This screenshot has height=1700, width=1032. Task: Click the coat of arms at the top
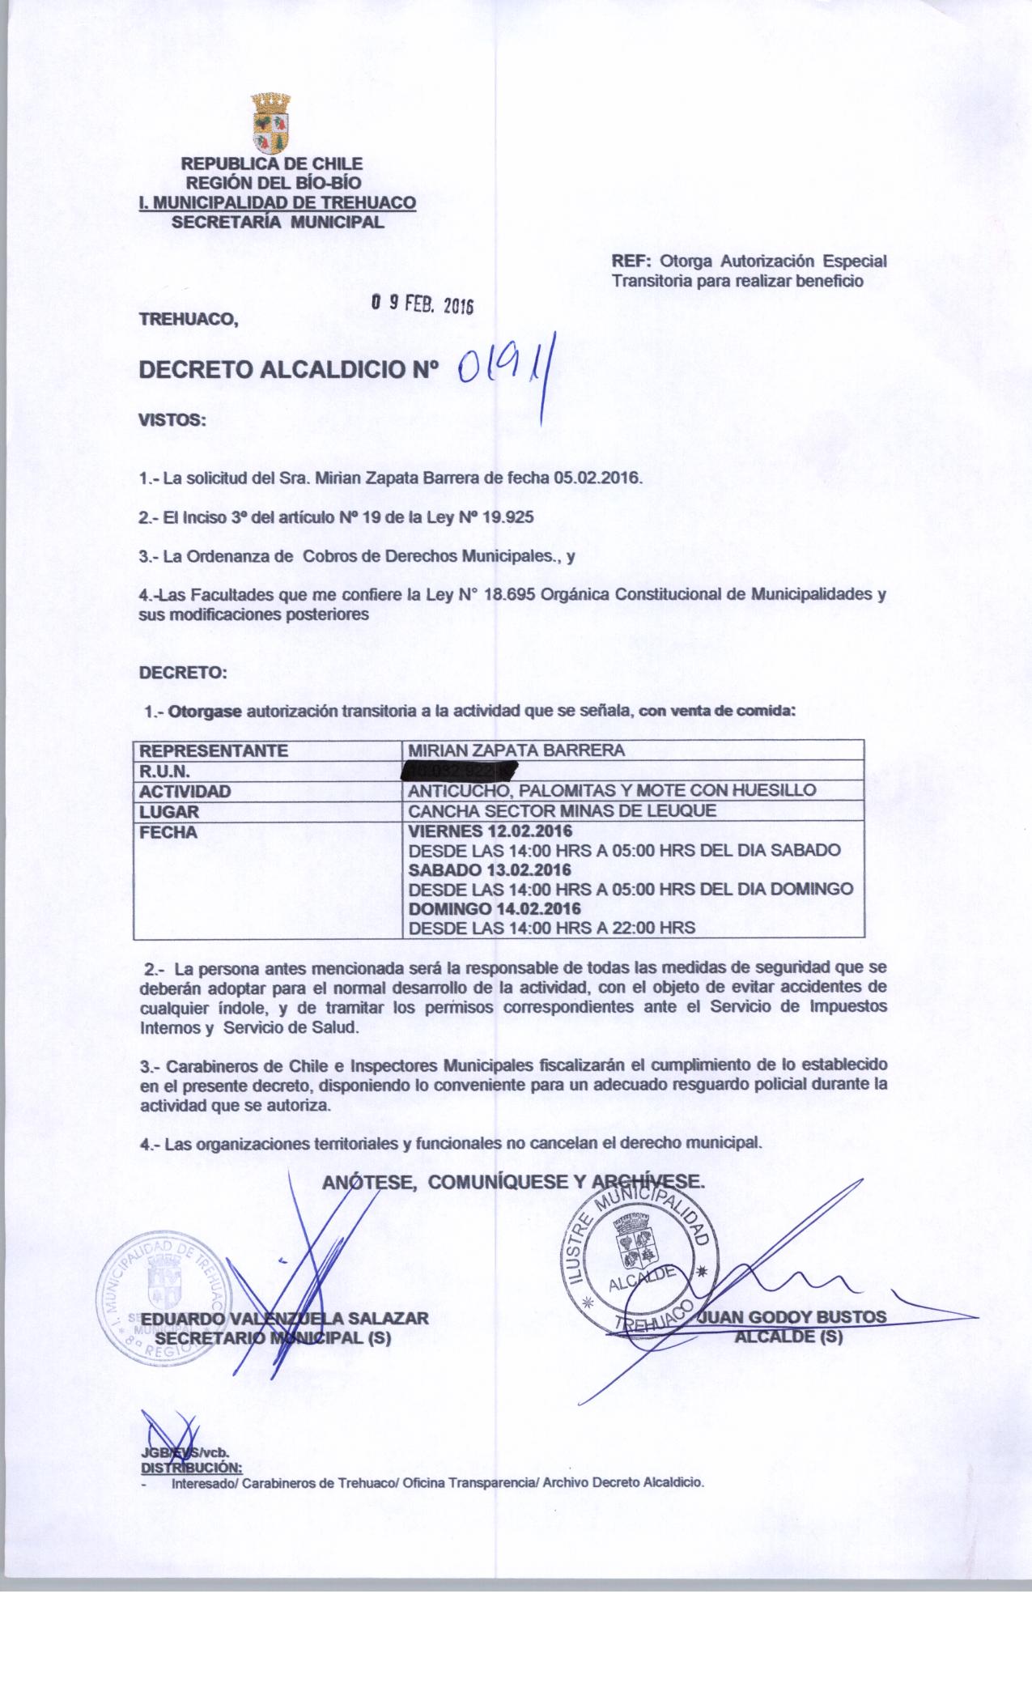(271, 122)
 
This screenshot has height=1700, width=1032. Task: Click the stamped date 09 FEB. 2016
(421, 304)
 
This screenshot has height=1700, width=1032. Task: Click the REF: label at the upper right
(631, 261)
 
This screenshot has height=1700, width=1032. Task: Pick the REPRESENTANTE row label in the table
(214, 750)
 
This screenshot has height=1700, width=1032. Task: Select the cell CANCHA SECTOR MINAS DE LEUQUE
(563, 811)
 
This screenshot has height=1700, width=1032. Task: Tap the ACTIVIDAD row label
(185, 791)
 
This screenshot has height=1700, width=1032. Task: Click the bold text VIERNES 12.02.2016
(491, 831)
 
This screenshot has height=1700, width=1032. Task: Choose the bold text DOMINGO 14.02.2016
(495, 908)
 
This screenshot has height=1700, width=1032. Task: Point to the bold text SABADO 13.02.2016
(491, 869)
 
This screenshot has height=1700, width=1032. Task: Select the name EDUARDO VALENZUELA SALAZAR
(284, 1318)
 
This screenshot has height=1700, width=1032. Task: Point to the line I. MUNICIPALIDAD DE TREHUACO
(278, 202)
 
